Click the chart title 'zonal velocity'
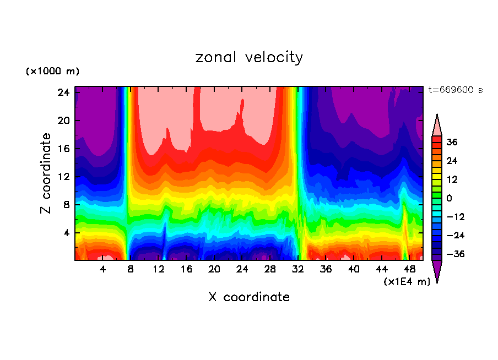click(x=249, y=57)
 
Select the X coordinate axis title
click(x=249, y=297)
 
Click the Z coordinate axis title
click(x=46, y=173)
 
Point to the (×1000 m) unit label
click(x=52, y=72)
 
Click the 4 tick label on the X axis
click(x=103, y=269)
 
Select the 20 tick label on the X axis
click(x=214, y=269)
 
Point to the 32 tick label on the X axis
click(x=298, y=269)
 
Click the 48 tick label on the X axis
click(x=409, y=269)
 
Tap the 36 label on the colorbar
click(x=452, y=142)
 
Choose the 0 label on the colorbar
click(x=449, y=198)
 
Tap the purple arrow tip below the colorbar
click(x=437, y=272)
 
